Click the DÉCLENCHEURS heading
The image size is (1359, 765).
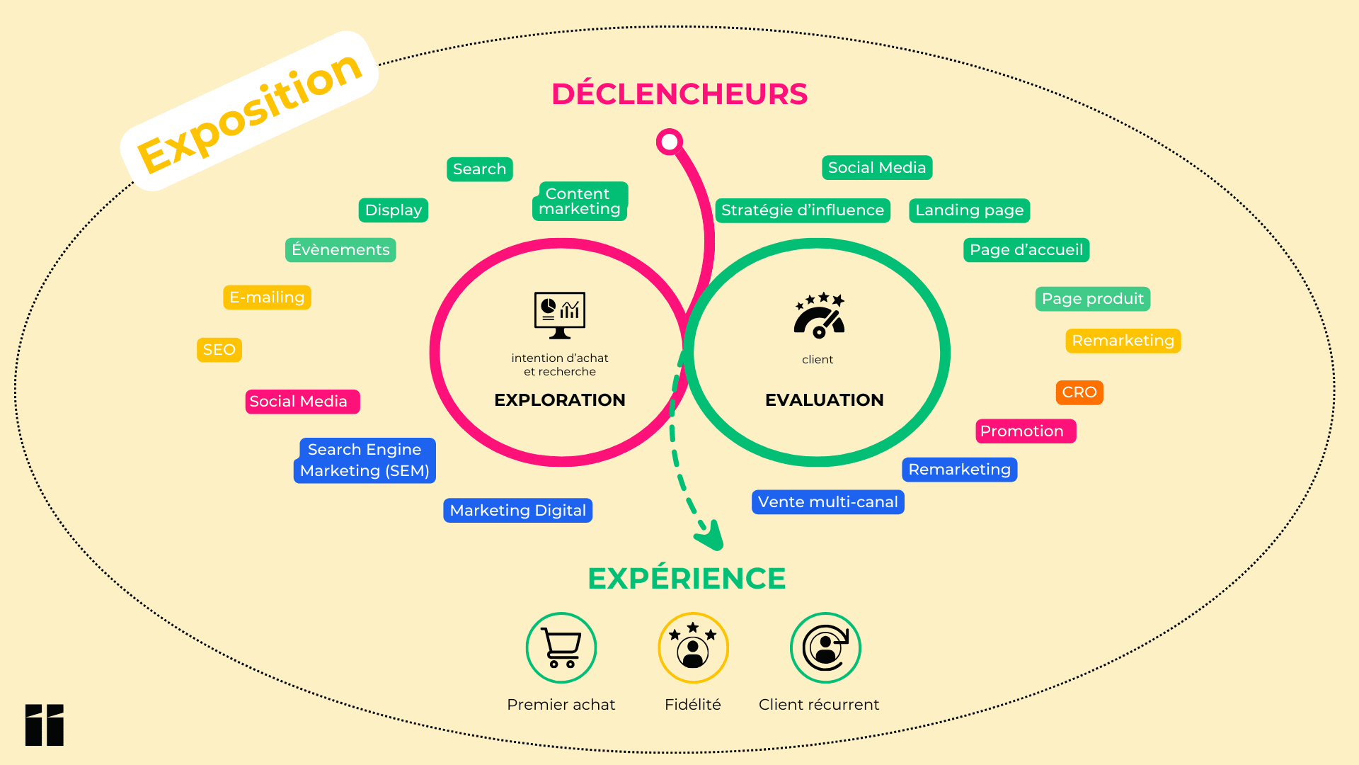(679, 94)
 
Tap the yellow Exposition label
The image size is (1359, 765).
(249, 112)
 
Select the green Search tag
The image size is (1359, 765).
(479, 169)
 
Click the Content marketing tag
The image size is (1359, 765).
(580, 201)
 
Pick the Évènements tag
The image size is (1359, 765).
(340, 250)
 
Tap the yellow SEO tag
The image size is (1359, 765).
(219, 350)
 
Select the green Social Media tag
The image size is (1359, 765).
(877, 168)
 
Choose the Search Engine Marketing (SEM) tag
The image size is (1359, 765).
(365, 460)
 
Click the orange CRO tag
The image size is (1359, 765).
(1079, 392)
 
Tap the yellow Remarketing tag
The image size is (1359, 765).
(1123, 341)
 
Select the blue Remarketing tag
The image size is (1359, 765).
(959, 470)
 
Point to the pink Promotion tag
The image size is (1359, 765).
(1025, 431)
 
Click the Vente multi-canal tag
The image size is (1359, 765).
(827, 502)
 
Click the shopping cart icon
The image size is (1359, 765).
(561, 647)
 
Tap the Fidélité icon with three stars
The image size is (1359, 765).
(693, 647)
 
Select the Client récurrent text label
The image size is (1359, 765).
(819, 705)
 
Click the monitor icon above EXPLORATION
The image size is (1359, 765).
(560, 314)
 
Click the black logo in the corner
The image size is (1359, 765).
(45, 725)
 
